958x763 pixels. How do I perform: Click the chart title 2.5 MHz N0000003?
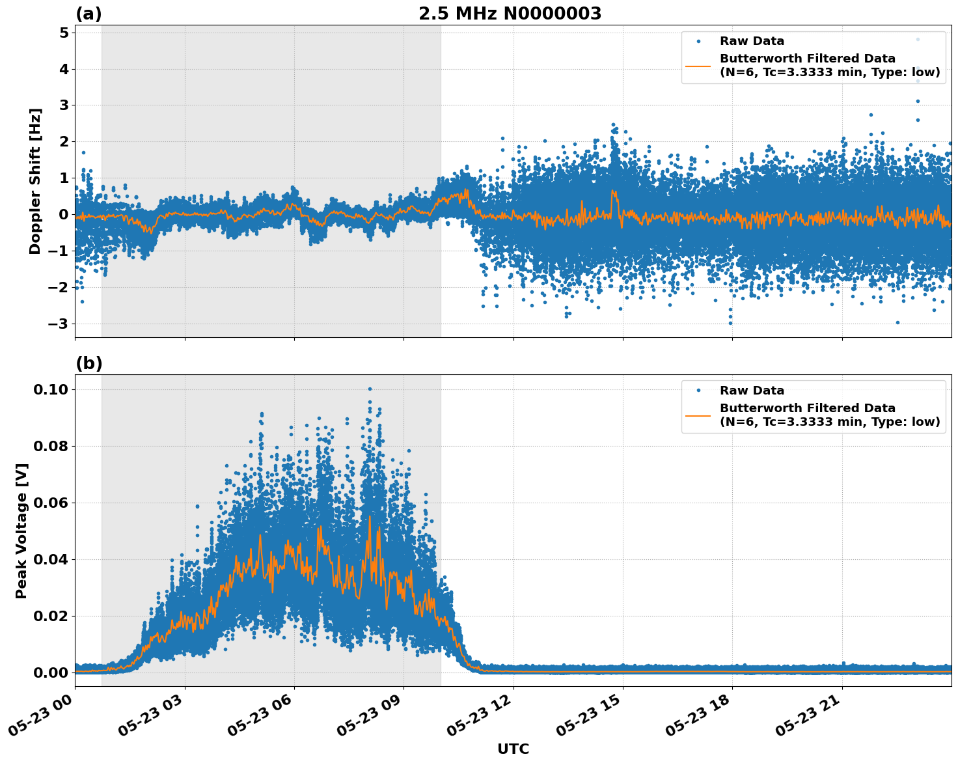coord(510,14)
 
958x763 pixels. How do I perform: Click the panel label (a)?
coord(89,14)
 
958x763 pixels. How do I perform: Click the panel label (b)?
coord(89,363)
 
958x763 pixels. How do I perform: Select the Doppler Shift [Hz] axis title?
coord(35,181)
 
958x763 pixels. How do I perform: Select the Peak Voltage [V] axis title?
coord(21,531)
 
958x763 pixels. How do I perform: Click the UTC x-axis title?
coord(513,749)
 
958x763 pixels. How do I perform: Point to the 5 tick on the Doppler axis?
coord(64,33)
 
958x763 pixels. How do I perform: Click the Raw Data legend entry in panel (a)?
coord(752,41)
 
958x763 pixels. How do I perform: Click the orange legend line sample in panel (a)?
coord(698,65)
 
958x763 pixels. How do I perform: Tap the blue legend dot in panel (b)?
coord(698,391)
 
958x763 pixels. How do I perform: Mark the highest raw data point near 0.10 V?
coord(370,389)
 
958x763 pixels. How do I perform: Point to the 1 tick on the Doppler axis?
coord(64,178)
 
